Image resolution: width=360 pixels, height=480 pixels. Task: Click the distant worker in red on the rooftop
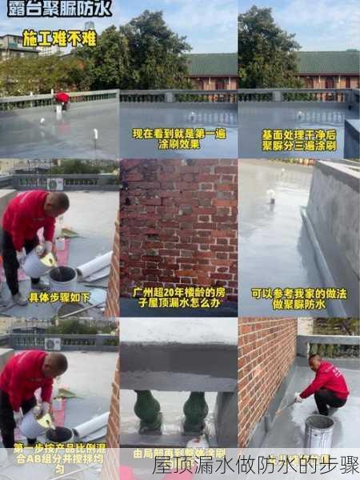tap(62, 99)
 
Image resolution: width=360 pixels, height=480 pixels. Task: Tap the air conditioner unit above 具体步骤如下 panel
tap(55, 184)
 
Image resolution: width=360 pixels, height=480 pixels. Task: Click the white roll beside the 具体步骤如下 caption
tap(94, 265)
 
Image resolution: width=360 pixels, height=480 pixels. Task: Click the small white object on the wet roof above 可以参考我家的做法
tap(270, 195)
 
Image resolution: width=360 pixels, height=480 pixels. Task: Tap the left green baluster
tap(148, 410)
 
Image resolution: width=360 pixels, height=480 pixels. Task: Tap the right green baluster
tap(195, 410)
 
